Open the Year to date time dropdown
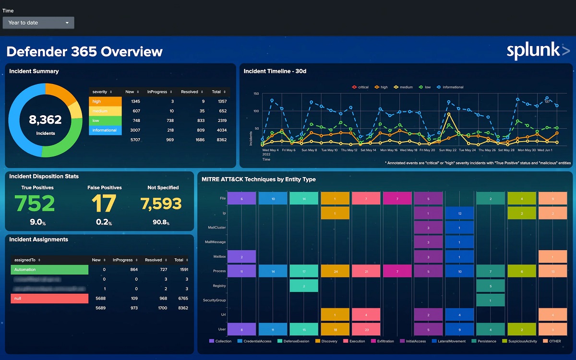point(38,23)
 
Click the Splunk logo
point(538,50)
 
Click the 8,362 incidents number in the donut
point(46,120)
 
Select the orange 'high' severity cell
point(106,101)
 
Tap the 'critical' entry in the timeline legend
point(360,87)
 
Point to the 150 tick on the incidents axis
point(256,94)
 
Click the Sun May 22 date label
point(448,150)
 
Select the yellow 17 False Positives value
point(104,204)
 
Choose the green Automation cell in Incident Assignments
point(49,270)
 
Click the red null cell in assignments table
point(49,299)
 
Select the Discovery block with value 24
point(335,271)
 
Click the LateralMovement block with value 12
point(459,213)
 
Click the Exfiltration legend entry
point(382,341)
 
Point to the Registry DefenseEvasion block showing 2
point(304,286)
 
